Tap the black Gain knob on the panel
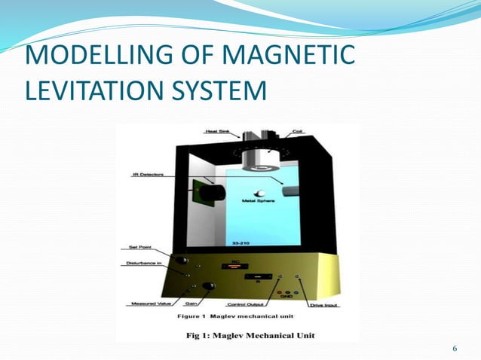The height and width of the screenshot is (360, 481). coord(207,286)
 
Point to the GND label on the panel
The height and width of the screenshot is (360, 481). coord(285,297)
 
